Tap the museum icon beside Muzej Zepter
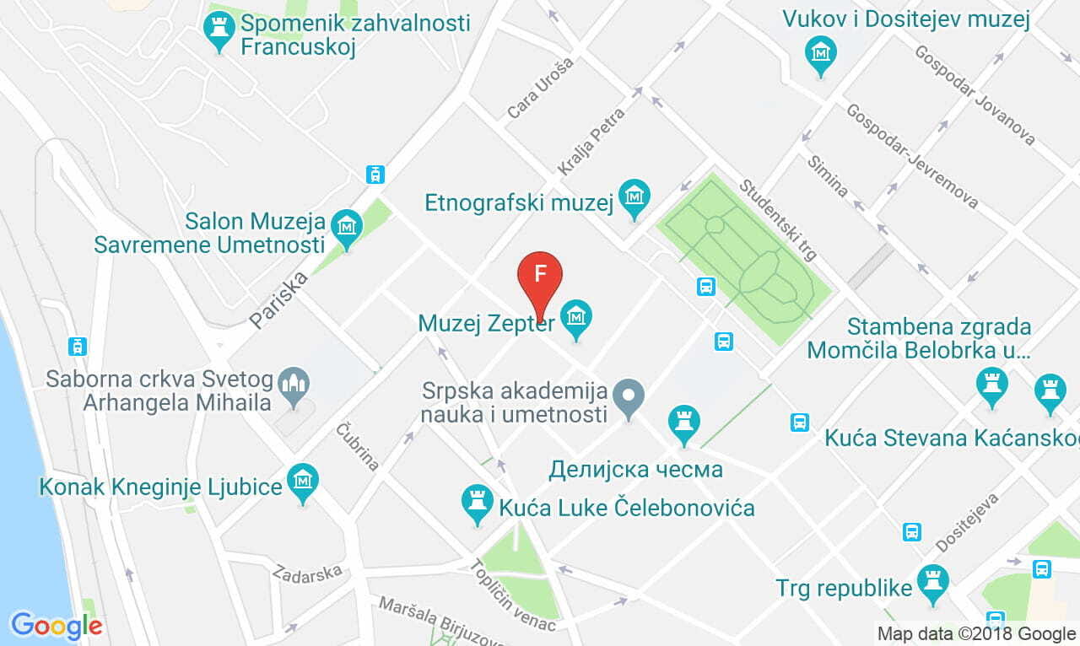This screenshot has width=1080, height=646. click(577, 318)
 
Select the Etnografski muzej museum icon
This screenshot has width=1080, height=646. click(634, 197)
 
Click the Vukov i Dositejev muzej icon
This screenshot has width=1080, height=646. click(820, 53)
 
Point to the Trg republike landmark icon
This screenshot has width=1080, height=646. click(933, 583)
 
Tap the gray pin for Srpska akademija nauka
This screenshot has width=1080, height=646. click(628, 396)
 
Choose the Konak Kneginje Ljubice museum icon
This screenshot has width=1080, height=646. click(303, 481)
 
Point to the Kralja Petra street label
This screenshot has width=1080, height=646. click(591, 141)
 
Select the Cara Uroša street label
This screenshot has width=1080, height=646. click(540, 88)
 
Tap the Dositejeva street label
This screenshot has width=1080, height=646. click(967, 522)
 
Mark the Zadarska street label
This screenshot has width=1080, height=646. click(307, 572)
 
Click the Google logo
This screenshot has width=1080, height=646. click(56, 626)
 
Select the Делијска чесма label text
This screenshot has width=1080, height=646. click(635, 469)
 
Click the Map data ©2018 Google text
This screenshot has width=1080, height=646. click(975, 633)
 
